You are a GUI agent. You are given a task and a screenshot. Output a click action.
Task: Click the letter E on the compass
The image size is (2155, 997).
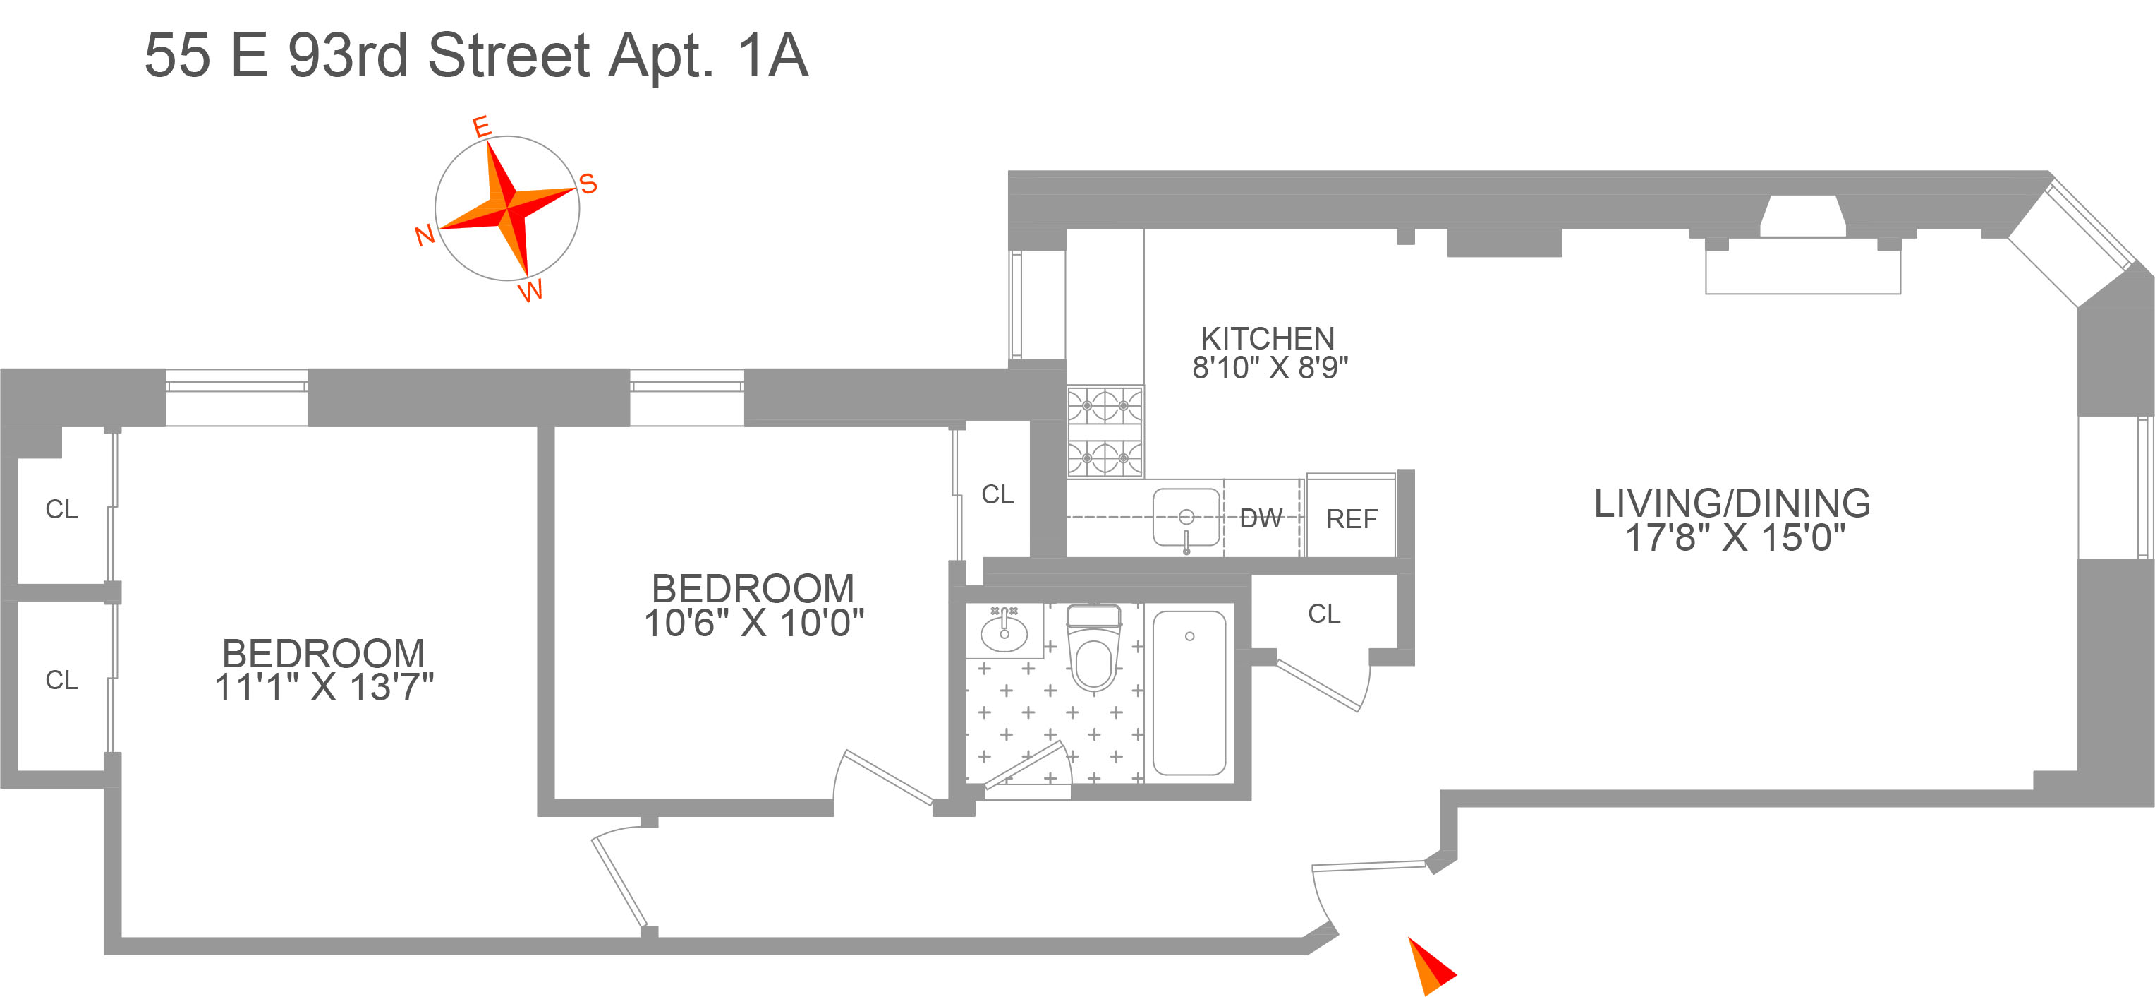pyautogui.click(x=481, y=126)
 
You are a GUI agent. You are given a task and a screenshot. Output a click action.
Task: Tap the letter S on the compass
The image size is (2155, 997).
pyautogui.click(x=588, y=184)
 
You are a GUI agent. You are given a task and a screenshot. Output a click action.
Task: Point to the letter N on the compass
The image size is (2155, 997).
pyautogui.click(x=425, y=235)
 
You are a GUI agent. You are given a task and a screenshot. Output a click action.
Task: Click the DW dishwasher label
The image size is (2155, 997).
pyautogui.click(x=1261, y=519)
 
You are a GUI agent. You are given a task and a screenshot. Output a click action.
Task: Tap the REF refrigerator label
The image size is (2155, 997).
pyautogui.click(x=1351, y=519)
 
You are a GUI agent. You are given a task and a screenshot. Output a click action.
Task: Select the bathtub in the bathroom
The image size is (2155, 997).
pyautogui.click(x=1189, y=693)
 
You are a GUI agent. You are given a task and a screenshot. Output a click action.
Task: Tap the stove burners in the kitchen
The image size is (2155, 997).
pyautogui.click(x=1104, y=432)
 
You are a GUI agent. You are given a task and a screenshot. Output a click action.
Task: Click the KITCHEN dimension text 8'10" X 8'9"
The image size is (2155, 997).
pyautogui.click(x=1269, y=367)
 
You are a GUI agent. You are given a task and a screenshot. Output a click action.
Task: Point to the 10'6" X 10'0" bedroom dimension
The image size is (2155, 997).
pyautogui.click(x=753, y=623)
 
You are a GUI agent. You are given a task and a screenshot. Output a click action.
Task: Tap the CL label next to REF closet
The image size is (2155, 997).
pyautogui.click(x=1323, y=614)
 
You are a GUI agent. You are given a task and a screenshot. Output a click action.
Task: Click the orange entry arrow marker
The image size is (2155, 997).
pyautogui.click(x=1429, y=966)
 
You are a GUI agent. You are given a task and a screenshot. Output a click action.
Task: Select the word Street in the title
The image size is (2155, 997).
pyautogui.click(x=509, y=56)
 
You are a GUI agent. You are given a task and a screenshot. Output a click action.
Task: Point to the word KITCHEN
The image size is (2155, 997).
pyautogui.click(x=1268, y=338)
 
